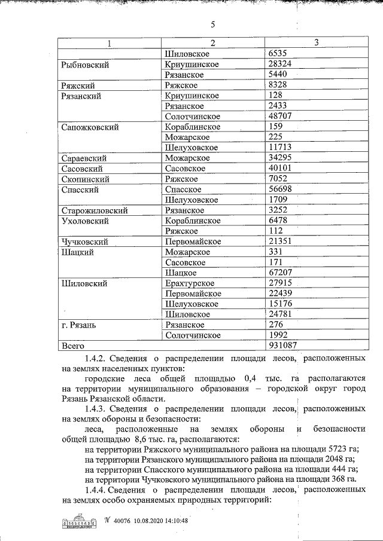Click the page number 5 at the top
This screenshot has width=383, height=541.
click(x=212, y=25)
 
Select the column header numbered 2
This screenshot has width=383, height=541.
click(x=212, y=43)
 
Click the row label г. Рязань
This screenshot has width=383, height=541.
click(x=79, y=325)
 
